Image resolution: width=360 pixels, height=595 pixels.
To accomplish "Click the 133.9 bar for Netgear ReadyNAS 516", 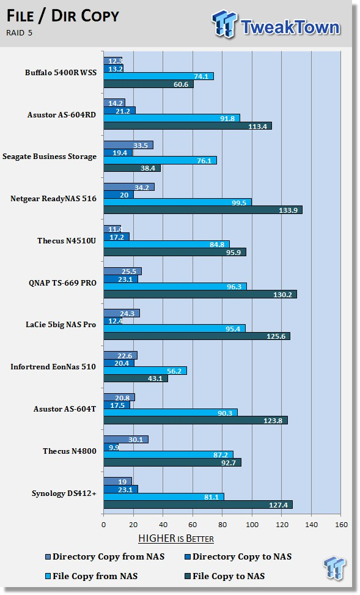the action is pyautogui.click(x=203, y=210).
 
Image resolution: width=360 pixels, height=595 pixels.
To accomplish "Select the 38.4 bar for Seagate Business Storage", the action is pyautogui.click(x=132, y=168).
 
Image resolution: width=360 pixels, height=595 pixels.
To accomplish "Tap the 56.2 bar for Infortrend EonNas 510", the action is pyautogui.click(x=145, y=371).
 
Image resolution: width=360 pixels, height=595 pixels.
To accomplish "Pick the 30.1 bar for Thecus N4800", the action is pyautogui.click(x=126, y=440).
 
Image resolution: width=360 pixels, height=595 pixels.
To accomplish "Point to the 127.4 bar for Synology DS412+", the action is pyautogui.click(x=198, y=504).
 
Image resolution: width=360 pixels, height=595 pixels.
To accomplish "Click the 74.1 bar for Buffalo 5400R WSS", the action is pyautogui.click(x=158, y=76).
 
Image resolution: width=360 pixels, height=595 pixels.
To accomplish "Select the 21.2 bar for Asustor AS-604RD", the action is pyautogui.click(x=120, y=111).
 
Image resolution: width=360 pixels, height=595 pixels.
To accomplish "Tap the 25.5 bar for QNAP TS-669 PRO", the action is pyautogui.click(x=122, y=272).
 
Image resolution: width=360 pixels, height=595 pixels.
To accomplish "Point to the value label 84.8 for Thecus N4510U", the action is pyautogui.click(x=217, y=245).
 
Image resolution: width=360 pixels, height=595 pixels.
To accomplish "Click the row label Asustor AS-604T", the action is pyautogui.click(x=65, y=409).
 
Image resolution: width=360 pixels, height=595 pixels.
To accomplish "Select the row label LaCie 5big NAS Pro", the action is pyautogui.click(x=61, y=325).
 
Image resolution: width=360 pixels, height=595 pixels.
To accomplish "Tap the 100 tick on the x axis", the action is pyautogui.click(x=252, y=525).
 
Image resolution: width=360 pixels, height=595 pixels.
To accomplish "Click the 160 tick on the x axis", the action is pyautogui.click(x=342, y=525).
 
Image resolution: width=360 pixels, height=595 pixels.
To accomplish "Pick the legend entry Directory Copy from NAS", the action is pyautogui.click(x=105, y=556).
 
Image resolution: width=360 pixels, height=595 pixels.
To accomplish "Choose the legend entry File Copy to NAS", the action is pyautogui.click(x=224, y=576).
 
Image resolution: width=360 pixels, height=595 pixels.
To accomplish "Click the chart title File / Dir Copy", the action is pyautogui.click(x=63, y=16).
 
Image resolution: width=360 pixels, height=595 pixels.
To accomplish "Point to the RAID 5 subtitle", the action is pyautogui.click(x=20, y=32).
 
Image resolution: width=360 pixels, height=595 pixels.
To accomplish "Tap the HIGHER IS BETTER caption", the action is pyautogui.click(x=176, y=539).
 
